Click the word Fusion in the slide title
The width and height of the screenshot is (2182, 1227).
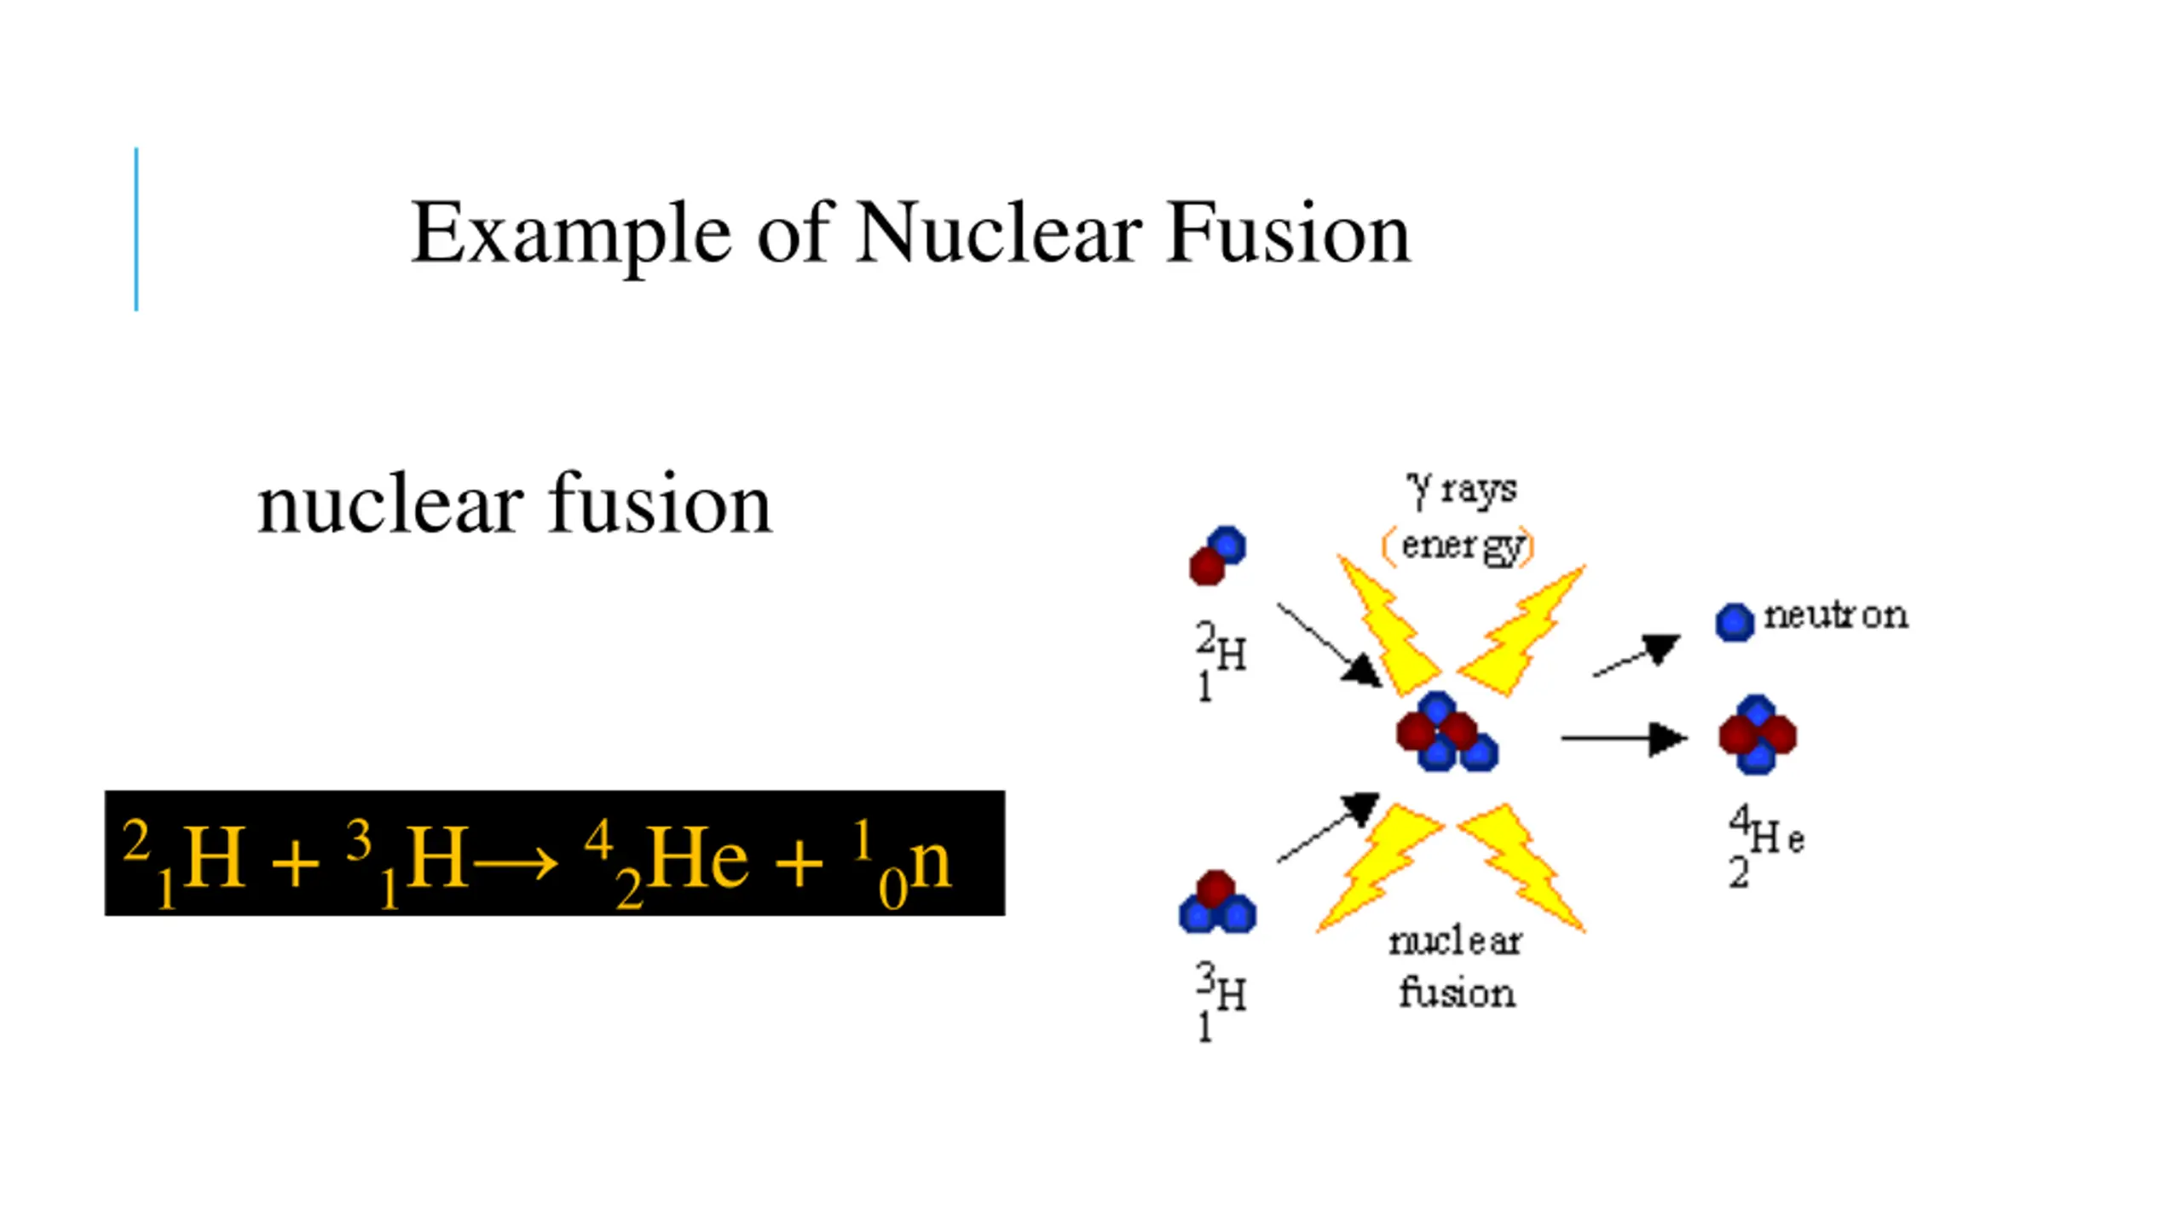tap(1288, 233)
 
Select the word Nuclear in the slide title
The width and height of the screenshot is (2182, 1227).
tap(998, 233)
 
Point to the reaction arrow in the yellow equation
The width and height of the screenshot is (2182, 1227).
tap(515, 864)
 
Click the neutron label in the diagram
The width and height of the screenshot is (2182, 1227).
tap(1835, 615)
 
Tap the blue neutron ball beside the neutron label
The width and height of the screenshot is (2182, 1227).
tap(1735, 622)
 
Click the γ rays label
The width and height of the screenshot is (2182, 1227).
tap(1462, 489)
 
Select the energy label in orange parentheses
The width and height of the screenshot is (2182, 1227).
tap(1458, 545)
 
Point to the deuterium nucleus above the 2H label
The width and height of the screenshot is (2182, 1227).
tap(1217, 556)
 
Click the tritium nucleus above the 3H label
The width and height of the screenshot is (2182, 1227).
tap(1216, 903)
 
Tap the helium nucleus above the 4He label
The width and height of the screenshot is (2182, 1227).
tap(1758, 734)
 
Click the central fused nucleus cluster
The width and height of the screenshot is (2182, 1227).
tap(1446, 733)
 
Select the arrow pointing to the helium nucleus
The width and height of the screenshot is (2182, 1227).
tap(1623, 738)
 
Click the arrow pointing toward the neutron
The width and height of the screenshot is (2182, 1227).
tap(1636, 656)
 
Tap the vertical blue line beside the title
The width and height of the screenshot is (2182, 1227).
tap(136, 229)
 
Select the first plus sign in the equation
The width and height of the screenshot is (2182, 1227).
tap(295, 864)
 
